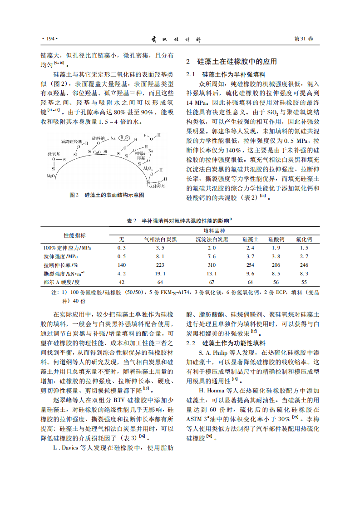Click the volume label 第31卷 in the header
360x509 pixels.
pos(304,39)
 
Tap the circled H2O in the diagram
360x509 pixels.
pos(124,138)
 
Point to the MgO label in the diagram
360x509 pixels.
pos(51,175)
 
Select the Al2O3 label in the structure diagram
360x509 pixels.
pos(148,168)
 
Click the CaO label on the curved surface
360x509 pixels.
pos(97,152)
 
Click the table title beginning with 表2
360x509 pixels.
pos(179,221)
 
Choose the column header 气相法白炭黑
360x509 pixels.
pos(160,240)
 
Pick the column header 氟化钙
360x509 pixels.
pos(304,240)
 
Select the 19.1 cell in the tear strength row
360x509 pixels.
pos(160,274)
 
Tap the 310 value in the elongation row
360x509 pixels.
pos(212,265)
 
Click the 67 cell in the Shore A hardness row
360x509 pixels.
pos(212,282)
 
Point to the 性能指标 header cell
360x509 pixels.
pos(74,235)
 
